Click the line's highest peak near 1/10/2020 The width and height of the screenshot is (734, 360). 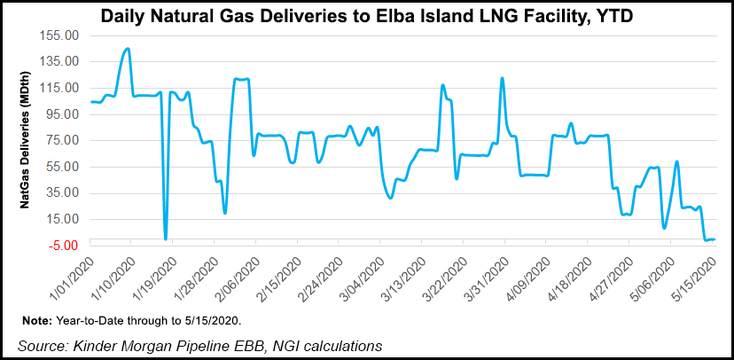(x=128, y=49)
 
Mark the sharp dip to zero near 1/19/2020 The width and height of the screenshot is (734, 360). (x=166, y=239)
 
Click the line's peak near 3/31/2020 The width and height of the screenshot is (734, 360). (x=503, y=78)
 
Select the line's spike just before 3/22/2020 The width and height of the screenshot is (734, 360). (x=442, y=85)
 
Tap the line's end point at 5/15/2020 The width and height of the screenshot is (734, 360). (x=714, y=239)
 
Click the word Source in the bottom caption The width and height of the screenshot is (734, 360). (x=42, y=343)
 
